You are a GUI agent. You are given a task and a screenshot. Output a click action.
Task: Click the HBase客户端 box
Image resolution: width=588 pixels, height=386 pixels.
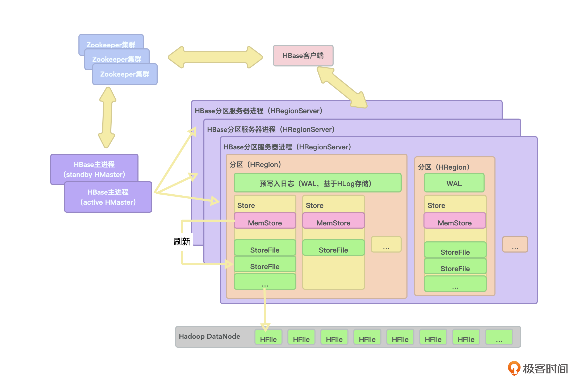303,56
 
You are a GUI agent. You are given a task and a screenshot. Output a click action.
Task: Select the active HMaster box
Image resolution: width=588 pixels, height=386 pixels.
108,197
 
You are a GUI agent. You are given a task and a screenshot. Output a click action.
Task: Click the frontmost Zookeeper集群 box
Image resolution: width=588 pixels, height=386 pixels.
125,74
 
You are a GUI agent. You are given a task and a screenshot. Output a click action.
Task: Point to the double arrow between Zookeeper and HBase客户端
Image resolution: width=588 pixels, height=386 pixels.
215,57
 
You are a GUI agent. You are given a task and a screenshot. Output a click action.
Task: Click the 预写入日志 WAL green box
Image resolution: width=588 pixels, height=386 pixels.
317,183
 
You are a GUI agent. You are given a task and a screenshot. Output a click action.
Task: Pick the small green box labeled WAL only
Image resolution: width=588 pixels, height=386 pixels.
454,183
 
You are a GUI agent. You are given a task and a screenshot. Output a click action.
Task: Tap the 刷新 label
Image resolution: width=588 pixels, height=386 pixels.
182,241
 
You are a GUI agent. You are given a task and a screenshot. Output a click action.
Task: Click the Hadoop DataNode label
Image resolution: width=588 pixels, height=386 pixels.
209,336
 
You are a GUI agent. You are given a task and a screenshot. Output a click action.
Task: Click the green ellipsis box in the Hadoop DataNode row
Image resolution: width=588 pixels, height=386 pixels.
499,337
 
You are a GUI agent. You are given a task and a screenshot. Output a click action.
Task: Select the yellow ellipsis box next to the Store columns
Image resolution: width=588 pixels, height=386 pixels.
386,244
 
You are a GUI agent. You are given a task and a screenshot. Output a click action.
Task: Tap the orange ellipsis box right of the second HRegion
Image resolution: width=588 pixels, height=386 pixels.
515,244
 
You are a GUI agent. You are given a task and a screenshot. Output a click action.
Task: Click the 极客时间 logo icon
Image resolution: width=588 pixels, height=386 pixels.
514,368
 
